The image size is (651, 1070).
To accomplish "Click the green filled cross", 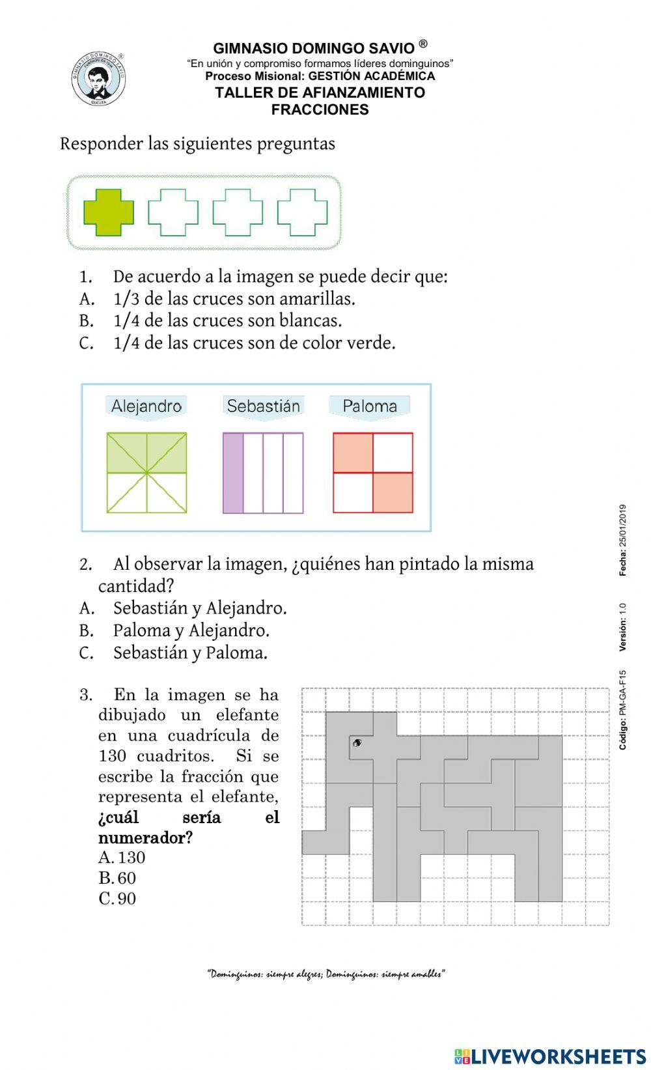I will click(109, 212).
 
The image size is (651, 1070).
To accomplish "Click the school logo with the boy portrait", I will click(98, 79).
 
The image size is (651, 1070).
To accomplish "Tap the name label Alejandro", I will click(146, 406).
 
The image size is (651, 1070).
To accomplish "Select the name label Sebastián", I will click(263, 406).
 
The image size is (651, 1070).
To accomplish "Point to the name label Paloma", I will click(370, 406).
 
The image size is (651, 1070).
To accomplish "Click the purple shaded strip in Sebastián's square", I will click(233, 473).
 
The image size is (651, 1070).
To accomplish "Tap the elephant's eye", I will click(357, 742).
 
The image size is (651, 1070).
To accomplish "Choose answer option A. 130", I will click(122, 858).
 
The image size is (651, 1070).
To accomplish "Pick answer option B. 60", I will click(117, 878).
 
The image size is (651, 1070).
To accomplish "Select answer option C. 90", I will click(117, 899).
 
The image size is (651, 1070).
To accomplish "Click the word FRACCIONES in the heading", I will click(320, 109).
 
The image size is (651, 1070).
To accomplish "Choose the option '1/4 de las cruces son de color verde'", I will click(254, 343).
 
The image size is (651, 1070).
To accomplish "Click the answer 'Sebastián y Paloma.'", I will click(190, 653).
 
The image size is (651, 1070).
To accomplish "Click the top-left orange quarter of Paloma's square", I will click(353, 453).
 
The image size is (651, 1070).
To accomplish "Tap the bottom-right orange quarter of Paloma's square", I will click(393, 492).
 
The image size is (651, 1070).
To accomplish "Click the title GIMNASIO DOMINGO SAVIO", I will click(314, 48).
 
